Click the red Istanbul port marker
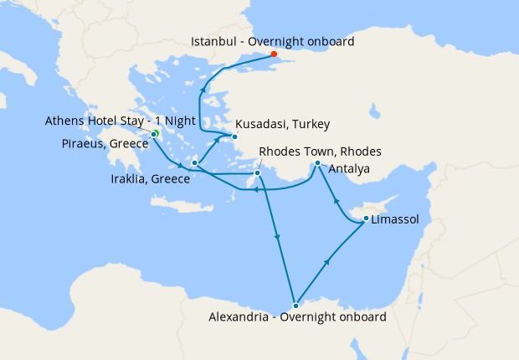274,54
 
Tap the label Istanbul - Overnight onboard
273,41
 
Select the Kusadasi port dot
235,136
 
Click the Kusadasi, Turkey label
282,124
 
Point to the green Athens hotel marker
156,134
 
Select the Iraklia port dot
194,163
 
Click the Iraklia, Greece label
152,178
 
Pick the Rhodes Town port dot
258,173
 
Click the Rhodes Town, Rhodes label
321,152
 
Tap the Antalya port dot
317,163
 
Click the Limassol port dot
366,219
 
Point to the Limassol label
394,219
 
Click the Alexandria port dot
295,306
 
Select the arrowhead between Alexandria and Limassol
327,262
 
